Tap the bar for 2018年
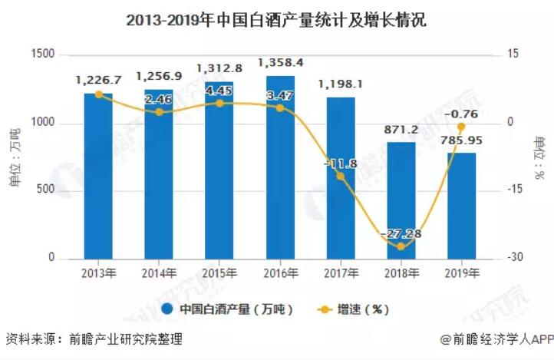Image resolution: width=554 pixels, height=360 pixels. pos(401,200)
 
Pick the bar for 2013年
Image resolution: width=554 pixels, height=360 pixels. pos(98,176)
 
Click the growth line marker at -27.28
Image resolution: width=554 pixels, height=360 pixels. pos(401,246)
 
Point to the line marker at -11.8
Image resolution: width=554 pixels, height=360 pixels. pos(341,177)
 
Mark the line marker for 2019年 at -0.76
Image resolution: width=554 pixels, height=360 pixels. pos(461,127)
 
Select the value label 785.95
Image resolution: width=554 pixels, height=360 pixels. pos(461,140)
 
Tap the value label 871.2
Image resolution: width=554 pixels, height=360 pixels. pos(401,130)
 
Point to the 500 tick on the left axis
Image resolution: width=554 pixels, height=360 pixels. pos(48,190)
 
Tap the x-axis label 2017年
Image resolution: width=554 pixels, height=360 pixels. pos(341,273)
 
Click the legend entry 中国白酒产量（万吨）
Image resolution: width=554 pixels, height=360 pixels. pos(229,309)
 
